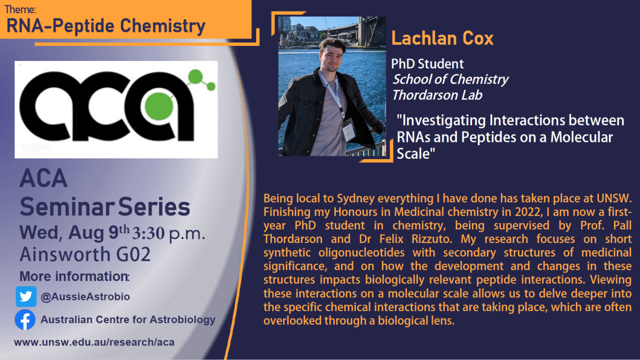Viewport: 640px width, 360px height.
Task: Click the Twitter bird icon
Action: click(26, 296)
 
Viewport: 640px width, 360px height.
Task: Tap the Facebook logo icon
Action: click(25, 320)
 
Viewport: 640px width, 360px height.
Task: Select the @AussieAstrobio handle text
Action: click(85, 296)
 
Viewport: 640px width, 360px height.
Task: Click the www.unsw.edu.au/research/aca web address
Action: click(94, 342)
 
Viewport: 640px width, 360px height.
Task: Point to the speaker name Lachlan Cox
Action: click(442, 38)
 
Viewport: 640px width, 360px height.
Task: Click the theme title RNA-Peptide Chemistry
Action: click(106, 26)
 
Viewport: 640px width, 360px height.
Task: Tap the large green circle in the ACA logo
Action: click(156, 104)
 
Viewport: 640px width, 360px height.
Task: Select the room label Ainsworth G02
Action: click(85, 255)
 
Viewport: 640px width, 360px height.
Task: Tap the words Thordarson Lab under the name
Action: click(436, 95)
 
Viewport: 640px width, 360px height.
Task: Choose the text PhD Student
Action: click(427, 64)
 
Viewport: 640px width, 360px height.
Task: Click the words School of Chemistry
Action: click(450, 79)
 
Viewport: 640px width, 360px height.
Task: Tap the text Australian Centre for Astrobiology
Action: click(128, 320)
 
